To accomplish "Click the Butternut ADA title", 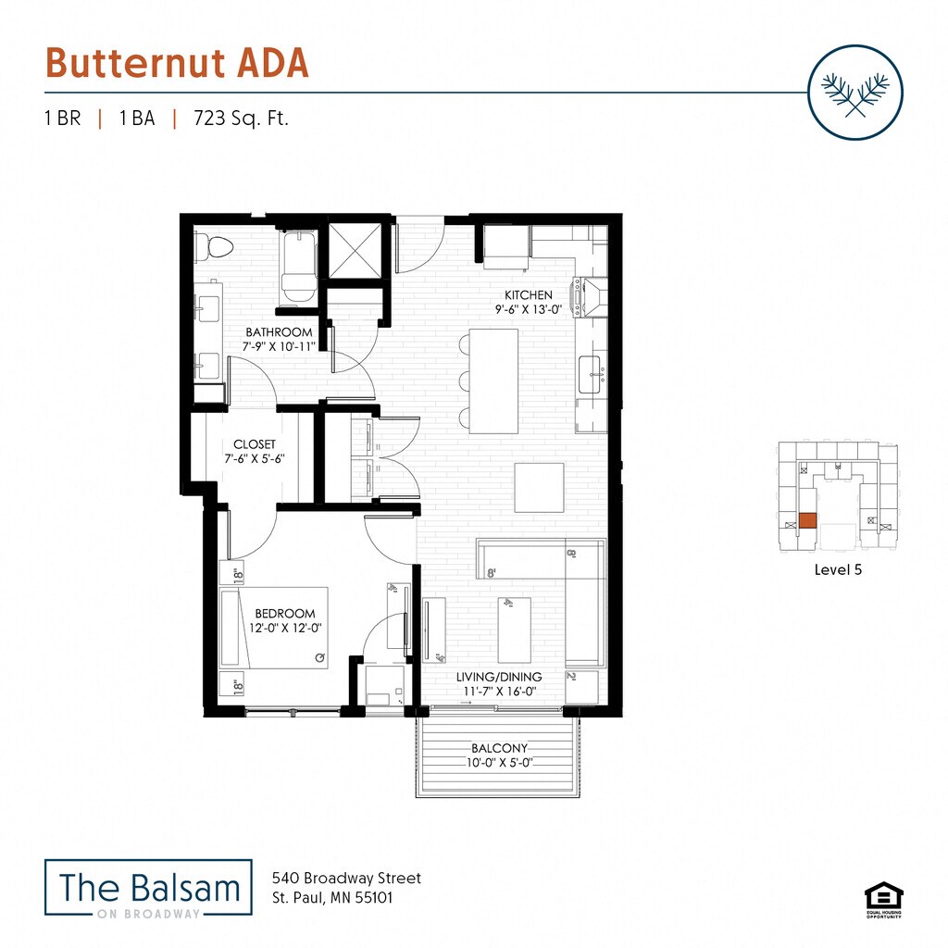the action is coord(176,63).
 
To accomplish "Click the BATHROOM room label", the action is coord(279,332).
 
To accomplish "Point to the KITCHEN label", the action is coord(529,295).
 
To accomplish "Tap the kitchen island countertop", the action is coord(493,380).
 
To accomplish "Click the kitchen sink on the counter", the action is coord(590,374).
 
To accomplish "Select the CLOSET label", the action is coord(255,444).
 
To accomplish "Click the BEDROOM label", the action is coord(285,613).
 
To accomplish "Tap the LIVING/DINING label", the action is coord(499,677).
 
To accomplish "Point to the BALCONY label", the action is coord(499,748).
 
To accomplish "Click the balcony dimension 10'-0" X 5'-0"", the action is coord(499,763).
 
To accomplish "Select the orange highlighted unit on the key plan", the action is coord(807,520).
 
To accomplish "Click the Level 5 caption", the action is coord(838,570).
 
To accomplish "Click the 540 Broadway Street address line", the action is coord(346,878).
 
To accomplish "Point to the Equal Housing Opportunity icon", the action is coord(883,899).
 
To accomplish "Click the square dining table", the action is coord(540,487).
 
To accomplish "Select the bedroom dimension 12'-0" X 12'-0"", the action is coord(285,629).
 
